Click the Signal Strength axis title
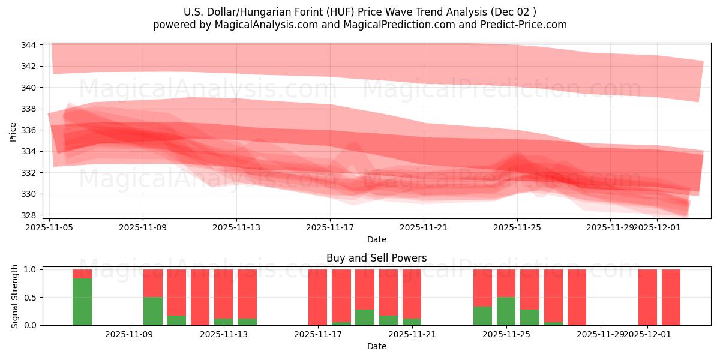(16, 297)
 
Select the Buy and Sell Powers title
(376, 258)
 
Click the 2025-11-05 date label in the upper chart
(49, 228)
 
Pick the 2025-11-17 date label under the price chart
(330, 228)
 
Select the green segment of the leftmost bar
(82, 302)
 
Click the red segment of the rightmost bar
(671, 297)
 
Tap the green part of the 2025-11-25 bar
(506, 311)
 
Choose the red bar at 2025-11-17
(317, 297)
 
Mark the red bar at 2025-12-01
(647, 297)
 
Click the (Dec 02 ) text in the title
(513, 12)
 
